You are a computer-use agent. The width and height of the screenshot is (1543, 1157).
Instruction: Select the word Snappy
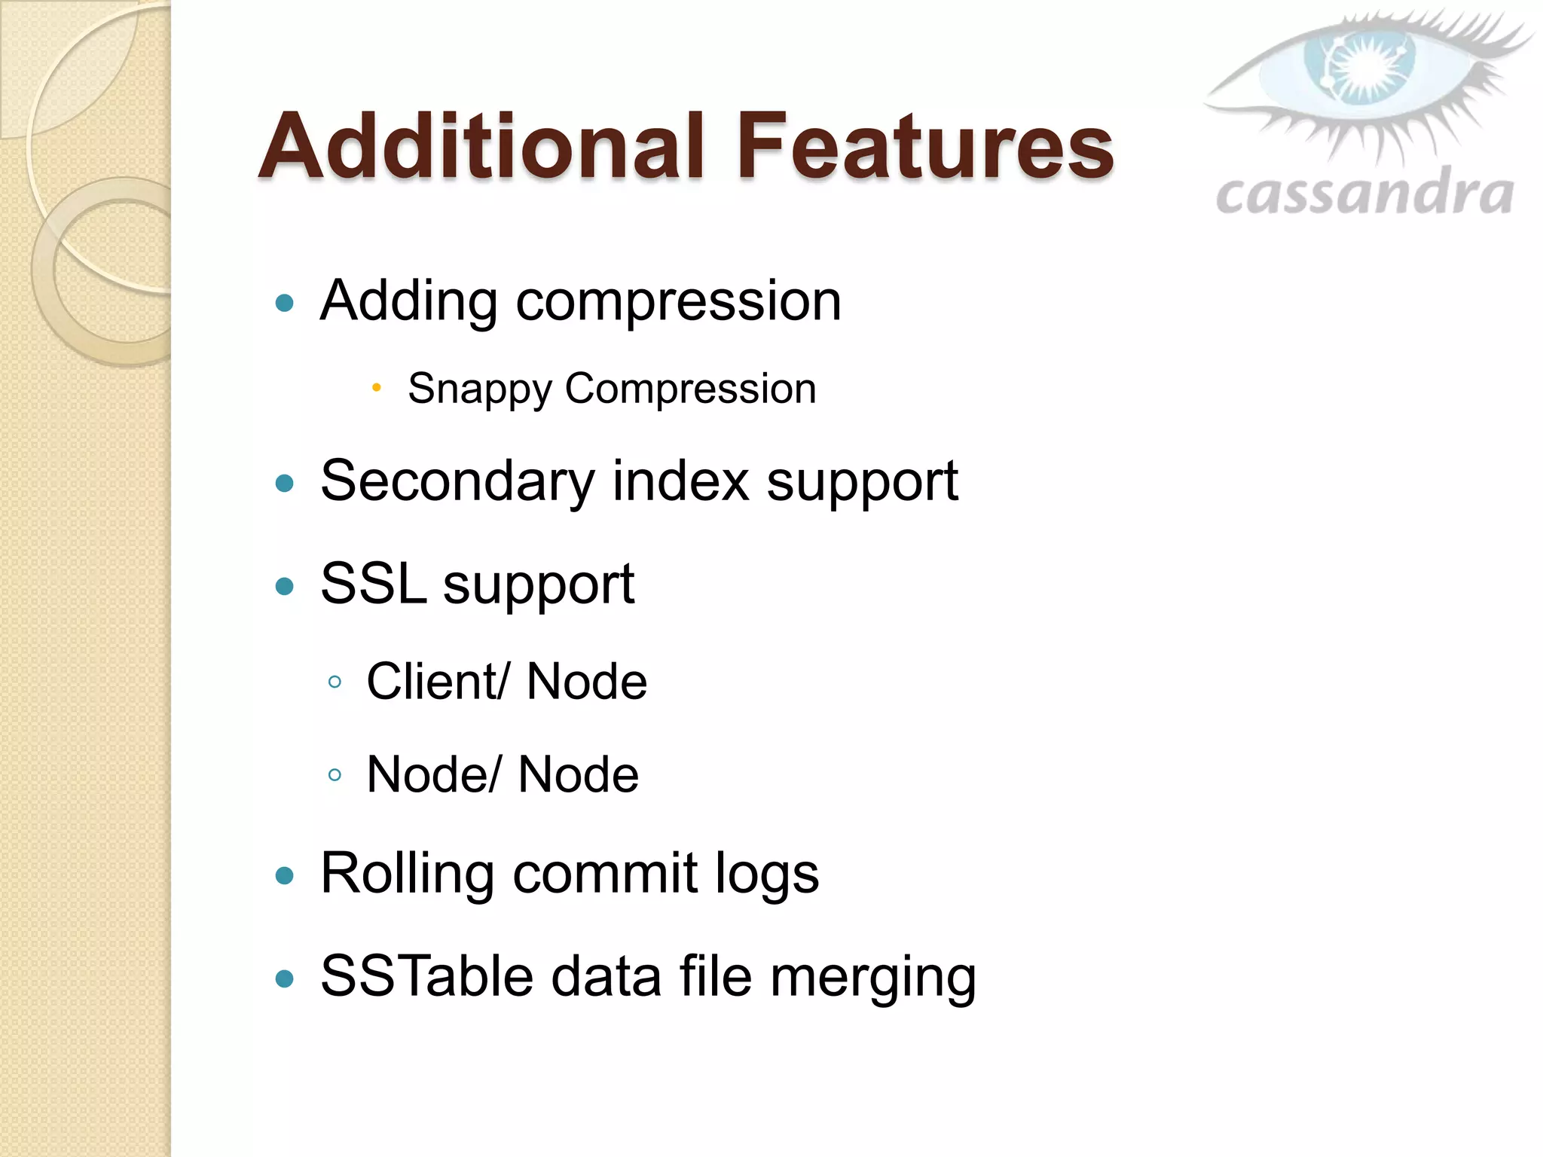[480, 390]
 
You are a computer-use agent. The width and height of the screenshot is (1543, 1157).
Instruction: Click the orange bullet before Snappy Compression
[377, 388]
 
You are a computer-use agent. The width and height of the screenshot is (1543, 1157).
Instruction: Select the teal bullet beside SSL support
[285, 586]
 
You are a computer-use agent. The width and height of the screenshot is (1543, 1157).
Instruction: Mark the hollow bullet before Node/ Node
[335, 774]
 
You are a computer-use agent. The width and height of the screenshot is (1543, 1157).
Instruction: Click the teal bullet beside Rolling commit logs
[285, 875]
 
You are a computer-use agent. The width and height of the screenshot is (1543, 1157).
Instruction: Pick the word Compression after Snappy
[690, 389]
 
